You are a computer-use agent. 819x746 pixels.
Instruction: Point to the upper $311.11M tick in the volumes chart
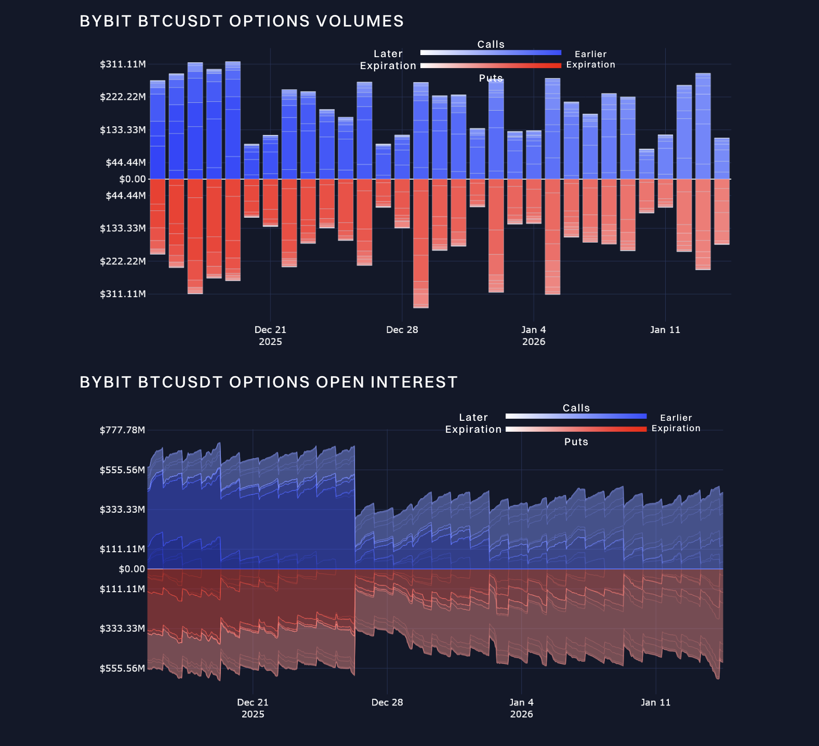pyautogui.click(x=123, y=64)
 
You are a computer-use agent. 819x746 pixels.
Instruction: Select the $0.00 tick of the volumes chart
pyautogui.click(x=133, y=179)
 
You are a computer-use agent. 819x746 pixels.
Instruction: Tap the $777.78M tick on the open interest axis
pyautogui.click(x=122, y=430)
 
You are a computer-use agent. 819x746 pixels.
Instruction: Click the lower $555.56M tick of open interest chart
pyautogui.click(x=122, y=669)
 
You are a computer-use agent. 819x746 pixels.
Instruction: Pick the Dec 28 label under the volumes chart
pyautogui.click(x=402, y=330)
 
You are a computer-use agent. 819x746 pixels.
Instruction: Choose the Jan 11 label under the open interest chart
pyautogui.click(x=655, y=702)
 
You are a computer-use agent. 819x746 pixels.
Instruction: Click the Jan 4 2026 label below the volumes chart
pyautogui.click(x=534, y=336)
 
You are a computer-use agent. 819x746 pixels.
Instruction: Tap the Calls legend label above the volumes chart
pyautogui.click(x=491, y=44)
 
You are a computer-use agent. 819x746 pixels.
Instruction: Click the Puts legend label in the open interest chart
pyautogui.click(x=576, y=442)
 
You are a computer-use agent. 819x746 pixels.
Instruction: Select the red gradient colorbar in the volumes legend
pyautogui.click(x=491, y=65)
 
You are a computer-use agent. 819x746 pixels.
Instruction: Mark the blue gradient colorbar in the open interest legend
pyautogui.click(x=576, y=416)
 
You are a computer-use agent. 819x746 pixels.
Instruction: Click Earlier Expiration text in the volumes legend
pyautogui.click(x=590, y=59)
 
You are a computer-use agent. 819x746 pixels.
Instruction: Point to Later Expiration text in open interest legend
pyautogui.click(x=473, y=423)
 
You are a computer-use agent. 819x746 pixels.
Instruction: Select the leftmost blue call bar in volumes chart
pyautogui.click(x=157, y=130)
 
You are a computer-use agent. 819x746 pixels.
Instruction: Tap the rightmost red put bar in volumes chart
pyautogui.click(x=721, y=211)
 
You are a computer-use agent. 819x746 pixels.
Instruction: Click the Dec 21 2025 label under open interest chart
pyautogui.click(x=253, y=708)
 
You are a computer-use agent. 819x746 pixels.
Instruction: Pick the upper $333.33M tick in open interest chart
pyautogui.click(x=122, y=510)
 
